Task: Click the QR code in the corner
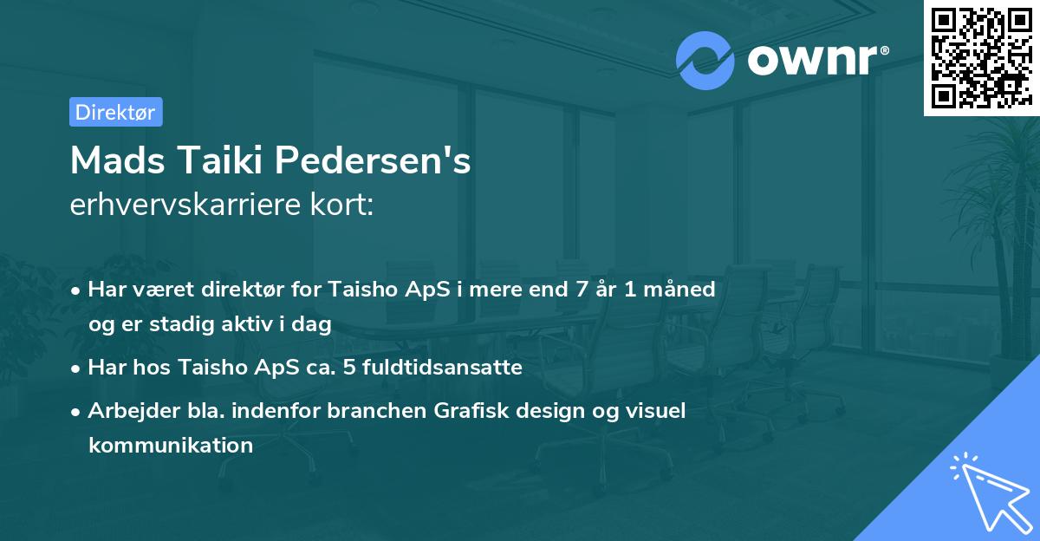tap(982, 57)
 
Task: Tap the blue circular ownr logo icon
tap(705, 60)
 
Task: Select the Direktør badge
tap(115, 112)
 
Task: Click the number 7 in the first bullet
tap(569, 290)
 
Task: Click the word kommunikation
tap(171, 446)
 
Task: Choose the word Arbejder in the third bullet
tap(126, 411)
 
